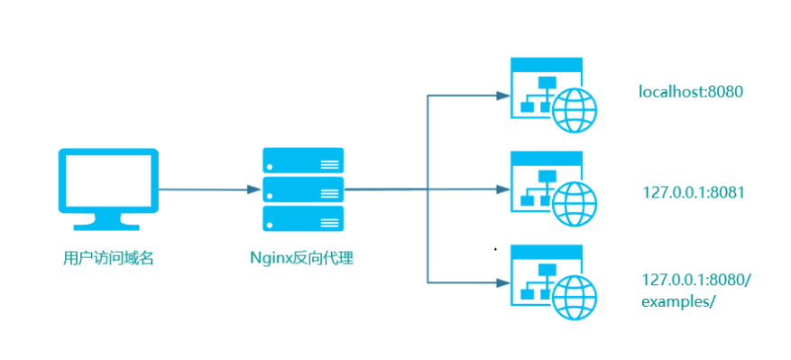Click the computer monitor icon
(x=108, y=189)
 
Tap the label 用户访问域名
(x=108, y=259)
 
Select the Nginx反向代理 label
(x=303, y=259)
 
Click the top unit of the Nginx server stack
(x=303, y=160)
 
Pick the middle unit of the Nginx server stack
(x=303, y=189)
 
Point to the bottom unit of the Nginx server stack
(x=303, y=218)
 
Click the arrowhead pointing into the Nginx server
(x=254, y=189)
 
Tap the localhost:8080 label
(x=690, y=92)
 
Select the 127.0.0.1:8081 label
(x=693, y=192)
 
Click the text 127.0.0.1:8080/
(x=696, y=280)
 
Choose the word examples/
(x=678, y=301)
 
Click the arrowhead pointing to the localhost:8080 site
(x=503, y=96)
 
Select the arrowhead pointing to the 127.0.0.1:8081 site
(x=503, y=189)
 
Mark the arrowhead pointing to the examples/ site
(x=503, y=282)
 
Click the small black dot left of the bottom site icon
(x=495, y=249)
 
